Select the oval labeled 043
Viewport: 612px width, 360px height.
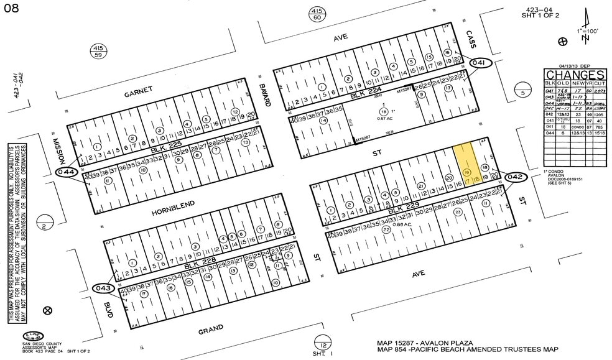[104, 288]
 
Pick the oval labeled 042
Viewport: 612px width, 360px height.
[516, 177]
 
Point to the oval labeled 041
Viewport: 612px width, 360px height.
[480, 63]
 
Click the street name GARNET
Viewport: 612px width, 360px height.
[137, 94]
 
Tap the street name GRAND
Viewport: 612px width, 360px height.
[210, 330]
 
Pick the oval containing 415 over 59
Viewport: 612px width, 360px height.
[98, 51]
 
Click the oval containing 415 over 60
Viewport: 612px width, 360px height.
[317, 14]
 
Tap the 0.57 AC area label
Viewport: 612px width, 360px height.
[384, 118]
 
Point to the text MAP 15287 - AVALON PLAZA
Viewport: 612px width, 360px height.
[425, 343]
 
